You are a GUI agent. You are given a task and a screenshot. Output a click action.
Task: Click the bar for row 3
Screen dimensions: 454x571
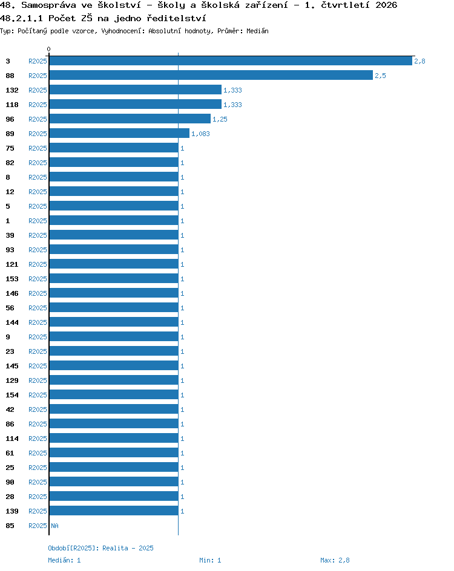click(231, 61)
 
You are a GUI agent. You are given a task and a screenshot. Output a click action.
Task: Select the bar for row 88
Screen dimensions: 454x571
click(211, 76)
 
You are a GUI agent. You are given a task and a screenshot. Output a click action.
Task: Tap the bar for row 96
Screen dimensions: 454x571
click(130, 119)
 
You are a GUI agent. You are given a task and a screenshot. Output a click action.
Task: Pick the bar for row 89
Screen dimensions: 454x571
click(119, 133)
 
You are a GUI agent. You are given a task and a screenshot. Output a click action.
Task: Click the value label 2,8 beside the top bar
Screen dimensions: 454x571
click(419, 61)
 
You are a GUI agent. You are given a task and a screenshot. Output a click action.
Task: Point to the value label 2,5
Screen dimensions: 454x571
click(380, 76)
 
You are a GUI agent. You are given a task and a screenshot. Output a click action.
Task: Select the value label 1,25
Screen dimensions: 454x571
click(220, 119)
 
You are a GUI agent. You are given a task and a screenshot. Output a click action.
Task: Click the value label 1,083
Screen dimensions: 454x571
click(200, 134)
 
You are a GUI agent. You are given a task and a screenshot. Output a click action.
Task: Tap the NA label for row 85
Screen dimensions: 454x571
click(54, 526)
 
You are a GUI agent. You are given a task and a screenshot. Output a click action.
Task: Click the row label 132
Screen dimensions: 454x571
click(12, 90)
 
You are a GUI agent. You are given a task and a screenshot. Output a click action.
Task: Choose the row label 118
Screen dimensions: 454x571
click(12, 105)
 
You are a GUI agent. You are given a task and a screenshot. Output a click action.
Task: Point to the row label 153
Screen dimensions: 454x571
click(12, 279)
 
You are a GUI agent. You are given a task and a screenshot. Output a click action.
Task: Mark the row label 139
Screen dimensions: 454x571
click(12, 511)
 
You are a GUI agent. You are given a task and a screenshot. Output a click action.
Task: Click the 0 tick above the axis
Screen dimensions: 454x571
click(49, 49)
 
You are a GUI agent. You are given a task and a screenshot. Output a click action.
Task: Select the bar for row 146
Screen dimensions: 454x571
click(114, 293)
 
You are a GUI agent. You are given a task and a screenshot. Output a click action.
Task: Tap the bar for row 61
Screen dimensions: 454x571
click(114, 452)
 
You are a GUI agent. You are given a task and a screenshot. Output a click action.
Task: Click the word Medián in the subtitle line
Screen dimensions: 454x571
click(257, 31)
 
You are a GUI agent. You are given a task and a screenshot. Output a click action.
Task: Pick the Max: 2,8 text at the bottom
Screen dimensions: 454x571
click(335, 560)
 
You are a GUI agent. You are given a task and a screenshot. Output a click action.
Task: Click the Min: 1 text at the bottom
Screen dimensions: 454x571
click(210, 560)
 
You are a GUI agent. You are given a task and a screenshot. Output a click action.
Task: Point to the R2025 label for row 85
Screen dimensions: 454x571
click(38, 526)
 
